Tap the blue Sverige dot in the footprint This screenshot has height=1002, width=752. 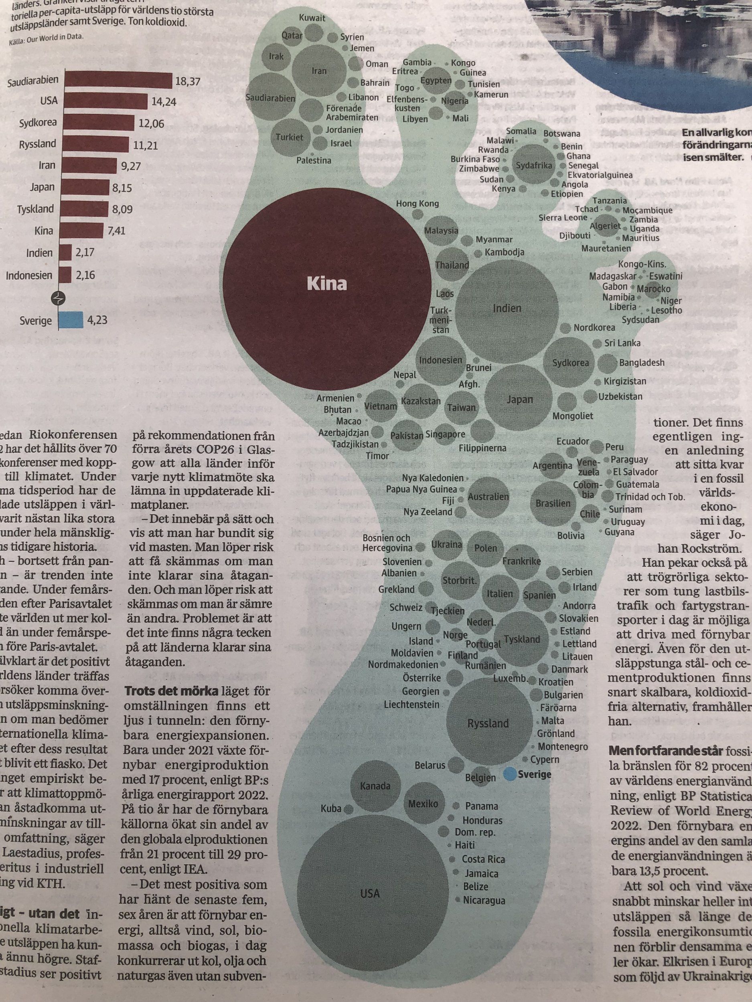pyautogui.click(x=509, y=774)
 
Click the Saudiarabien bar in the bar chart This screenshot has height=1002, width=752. pyautogui.click(x=116, y=81)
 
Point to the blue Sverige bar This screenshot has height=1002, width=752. pyautogui.click(x=70, y=320)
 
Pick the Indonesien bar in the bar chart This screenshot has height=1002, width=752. pyautogui.click(x=65, y=275)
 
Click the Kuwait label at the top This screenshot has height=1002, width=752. pyautogui.click(x=312, y=18)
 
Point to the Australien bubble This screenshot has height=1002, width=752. pyautogui.click(x=488, y=497)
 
